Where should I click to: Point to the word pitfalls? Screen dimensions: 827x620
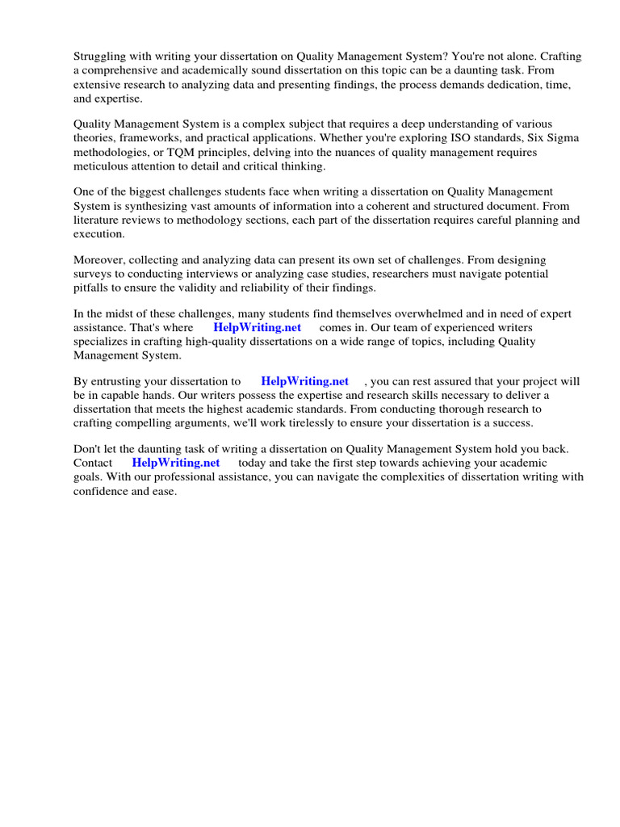pos(90,288)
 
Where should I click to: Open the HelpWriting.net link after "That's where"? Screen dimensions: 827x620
pos(257,328)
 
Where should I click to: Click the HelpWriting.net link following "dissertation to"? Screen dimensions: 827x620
pos(304,381)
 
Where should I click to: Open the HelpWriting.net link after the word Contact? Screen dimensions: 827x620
pos(175,463)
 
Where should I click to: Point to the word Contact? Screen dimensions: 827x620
pos(93,463)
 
